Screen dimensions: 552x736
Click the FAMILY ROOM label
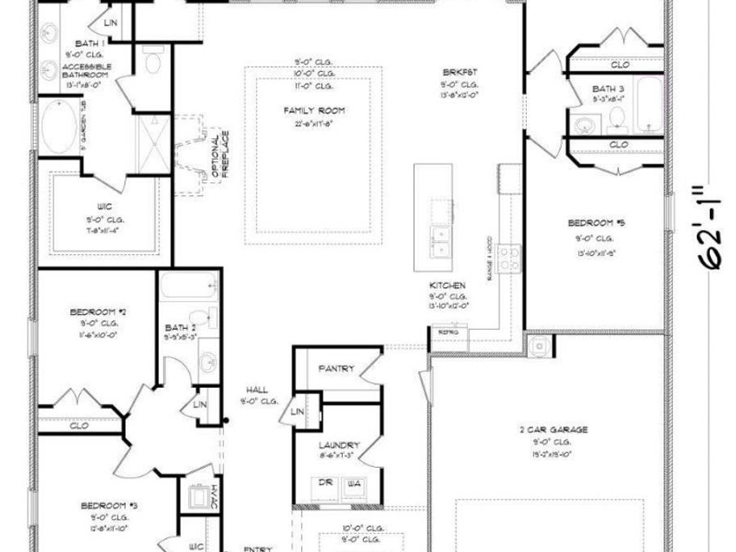click(x=314, y=110)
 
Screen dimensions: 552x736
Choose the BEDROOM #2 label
click(x=96, y=312)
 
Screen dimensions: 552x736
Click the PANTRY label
click(x=336, y=369)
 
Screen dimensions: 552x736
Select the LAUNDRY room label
click(x=339, y=446)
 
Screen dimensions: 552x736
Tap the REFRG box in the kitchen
click(x=448, y=333)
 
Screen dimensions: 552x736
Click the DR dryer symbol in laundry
click(x=325, y=483)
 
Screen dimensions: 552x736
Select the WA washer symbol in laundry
click(x=352, y=483)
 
